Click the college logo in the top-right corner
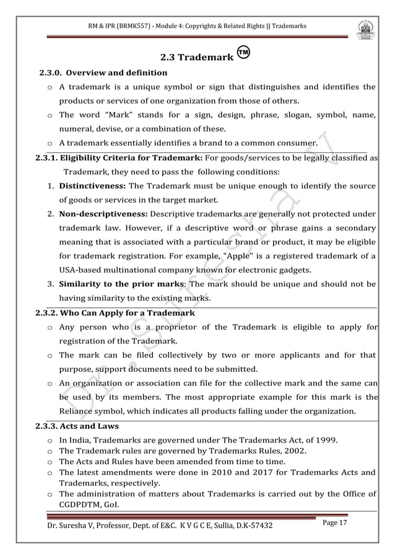tap(365, 30)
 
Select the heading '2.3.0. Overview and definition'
tap(103, 73)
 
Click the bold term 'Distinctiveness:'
tap(92, 187)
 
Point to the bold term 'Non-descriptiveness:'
tap(103, 214)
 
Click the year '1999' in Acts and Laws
tap(326, 441)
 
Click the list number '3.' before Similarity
tap(50, 284)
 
